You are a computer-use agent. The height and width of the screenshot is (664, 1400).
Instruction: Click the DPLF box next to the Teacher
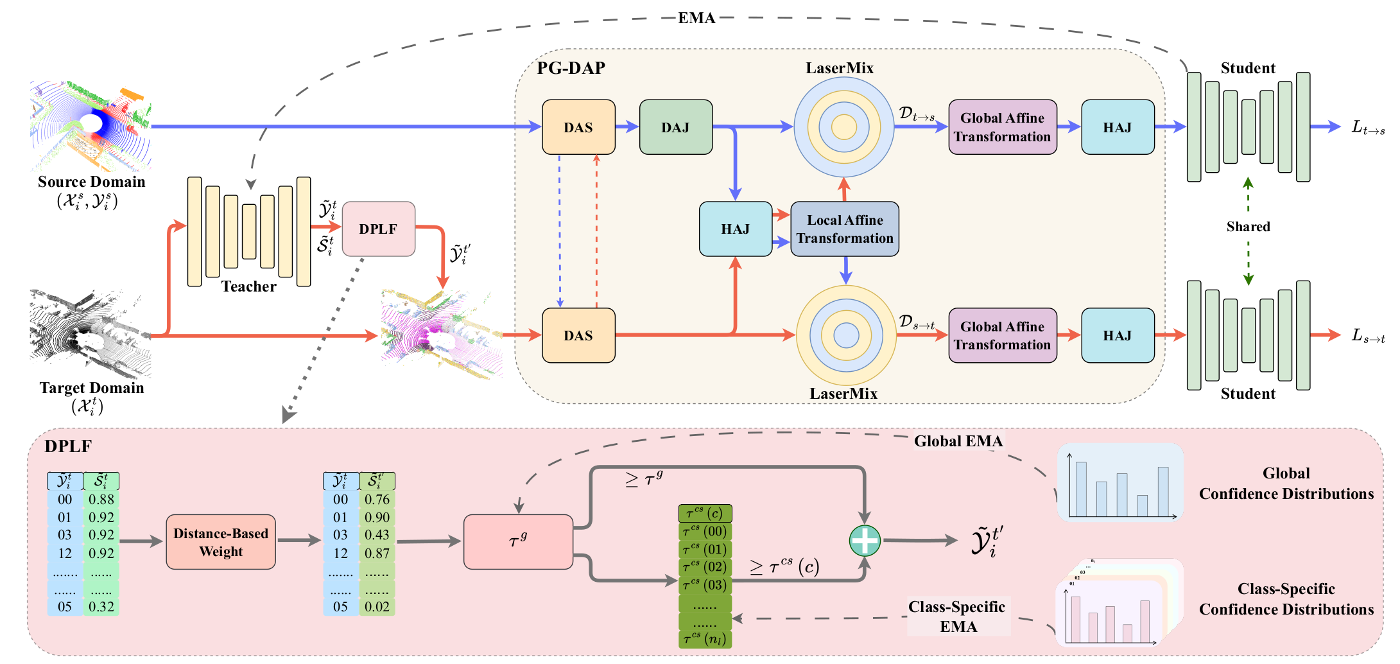click(378, 229)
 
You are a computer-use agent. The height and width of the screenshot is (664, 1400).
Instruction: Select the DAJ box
click(675, 127)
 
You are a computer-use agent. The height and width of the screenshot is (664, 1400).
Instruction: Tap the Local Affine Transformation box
click(844, 229)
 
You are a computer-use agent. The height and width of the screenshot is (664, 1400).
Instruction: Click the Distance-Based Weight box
click(221, 542)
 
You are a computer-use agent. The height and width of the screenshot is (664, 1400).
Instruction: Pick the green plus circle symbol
click(864, 541)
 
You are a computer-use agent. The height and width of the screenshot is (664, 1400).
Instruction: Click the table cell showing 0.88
click(101, 500)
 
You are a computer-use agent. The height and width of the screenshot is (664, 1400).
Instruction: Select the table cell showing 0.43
click(377, 535)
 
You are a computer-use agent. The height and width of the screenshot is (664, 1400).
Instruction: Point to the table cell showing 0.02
click(377, 607)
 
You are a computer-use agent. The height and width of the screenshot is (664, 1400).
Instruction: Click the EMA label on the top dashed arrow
click(696, 18)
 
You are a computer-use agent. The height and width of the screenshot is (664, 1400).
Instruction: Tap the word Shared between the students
click(1248, 227)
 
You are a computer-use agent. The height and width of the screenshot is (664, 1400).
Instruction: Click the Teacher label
click(248, 286)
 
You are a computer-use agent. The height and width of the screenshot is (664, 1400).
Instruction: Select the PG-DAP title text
click(571, 68)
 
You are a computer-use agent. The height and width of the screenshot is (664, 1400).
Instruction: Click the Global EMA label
click(958, 441)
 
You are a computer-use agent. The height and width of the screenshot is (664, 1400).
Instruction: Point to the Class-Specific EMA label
click(957, 616)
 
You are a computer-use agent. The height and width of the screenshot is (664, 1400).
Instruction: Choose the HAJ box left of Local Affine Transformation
click(735, 229)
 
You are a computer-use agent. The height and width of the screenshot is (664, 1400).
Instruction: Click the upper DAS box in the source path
click(578, 127)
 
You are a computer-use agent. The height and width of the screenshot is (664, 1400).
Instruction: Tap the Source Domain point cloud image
click(91, 126)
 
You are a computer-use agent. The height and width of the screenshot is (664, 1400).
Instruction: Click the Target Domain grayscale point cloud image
click(91, 333)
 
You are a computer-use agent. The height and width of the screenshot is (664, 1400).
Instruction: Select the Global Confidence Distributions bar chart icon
click(1120, 482)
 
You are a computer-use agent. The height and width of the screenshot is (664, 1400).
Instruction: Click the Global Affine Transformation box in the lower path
click(1002, 335)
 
